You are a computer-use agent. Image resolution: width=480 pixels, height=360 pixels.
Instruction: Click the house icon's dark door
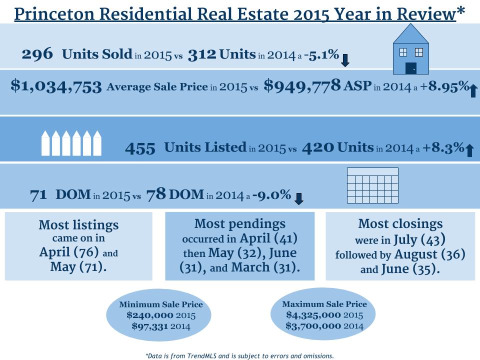pos(411,68)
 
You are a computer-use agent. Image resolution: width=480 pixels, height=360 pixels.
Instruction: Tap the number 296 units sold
pos(37,54)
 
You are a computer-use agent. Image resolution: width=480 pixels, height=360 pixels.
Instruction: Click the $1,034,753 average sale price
pos(56,86)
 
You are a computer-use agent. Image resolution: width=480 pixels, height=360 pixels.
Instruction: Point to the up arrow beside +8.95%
pos(472,90)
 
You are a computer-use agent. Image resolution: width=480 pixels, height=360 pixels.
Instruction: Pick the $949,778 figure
pos(302,86)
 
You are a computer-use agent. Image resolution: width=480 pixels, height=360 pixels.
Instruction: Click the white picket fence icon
pos(70,142)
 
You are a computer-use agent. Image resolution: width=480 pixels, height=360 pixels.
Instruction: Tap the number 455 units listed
pos(140,148)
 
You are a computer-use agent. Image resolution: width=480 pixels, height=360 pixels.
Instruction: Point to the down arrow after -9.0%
pos(299,198)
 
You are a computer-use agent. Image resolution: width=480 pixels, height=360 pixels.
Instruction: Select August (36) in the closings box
pos(428,254)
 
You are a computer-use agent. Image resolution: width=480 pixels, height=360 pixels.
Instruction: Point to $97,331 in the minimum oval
pos(149,326)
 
